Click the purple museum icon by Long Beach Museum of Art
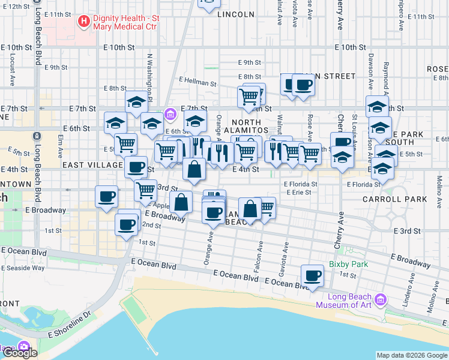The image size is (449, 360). coord(379,299)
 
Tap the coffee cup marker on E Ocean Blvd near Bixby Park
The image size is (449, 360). coord(312,276)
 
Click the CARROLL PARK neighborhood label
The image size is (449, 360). coord(395,199)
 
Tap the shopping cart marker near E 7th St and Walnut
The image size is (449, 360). coord(249,96)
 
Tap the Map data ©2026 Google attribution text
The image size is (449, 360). coord(412,355)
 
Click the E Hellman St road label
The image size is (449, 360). coord(197,81)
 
